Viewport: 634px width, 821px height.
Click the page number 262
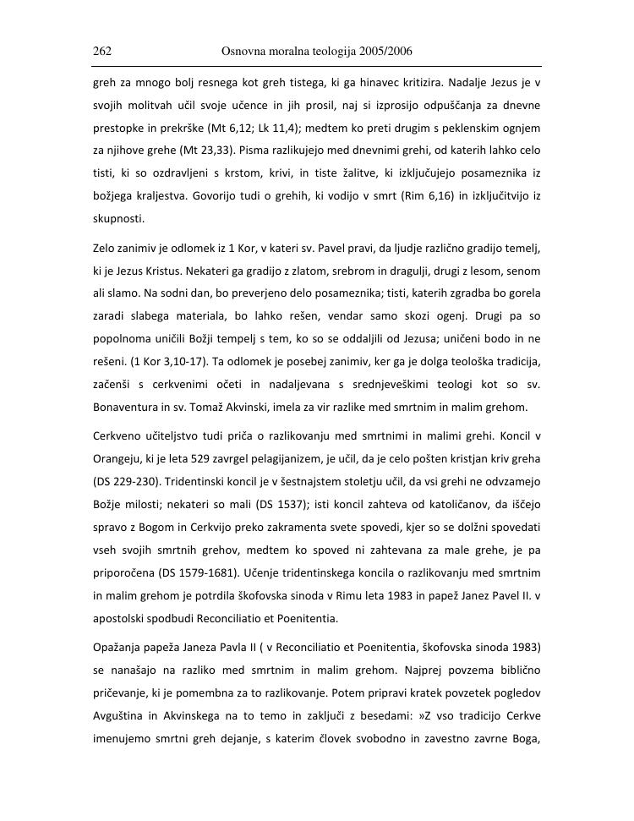[102, 52]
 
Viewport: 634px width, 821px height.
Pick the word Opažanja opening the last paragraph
[119, 648]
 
